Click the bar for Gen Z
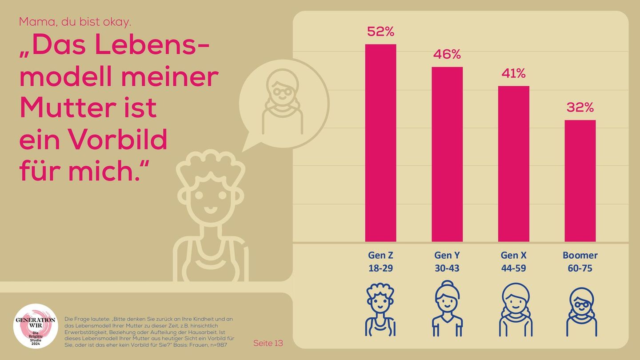pyautogui.click(x=380, y=143)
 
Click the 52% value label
pyautogui.click(x=380, y=32)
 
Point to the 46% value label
pyautogui.click(x=447, y=55)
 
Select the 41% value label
pyautogui.click(x=513, y=73)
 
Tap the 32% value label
pyautogui.click(x=580, y=108)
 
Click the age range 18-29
pyautogui.click(x=380, y=268)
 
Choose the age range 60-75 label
pyautogui.click(x=580, y=268)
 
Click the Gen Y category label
pyautogui.click(x=447, y=256)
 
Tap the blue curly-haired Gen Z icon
pyautogui.click(x=380, y=309)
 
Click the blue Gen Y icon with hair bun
pyautogui.click(x=447, y=308)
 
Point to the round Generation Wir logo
pyautogui.click(x=36, y=326)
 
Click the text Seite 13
pyautogui.click(x=268, y=343)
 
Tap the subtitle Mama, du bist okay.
pyautogui.click(x=75, y=22)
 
